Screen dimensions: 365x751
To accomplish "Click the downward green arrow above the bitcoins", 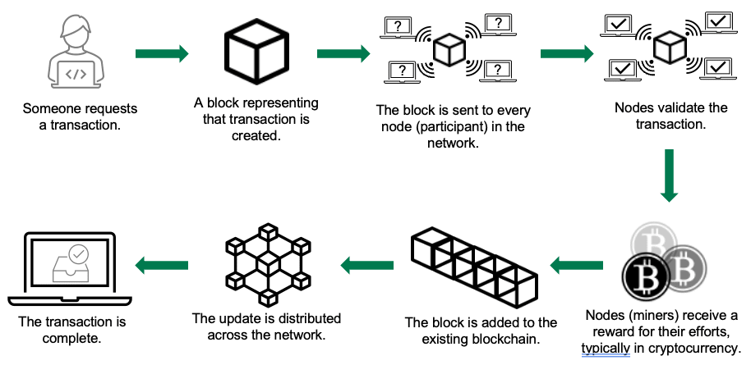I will pyautogui.click(x=670, y=175).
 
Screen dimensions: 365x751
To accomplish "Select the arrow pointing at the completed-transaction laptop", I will pyautogui.click(x=162, y=265).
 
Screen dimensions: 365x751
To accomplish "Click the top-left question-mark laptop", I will pyautogui.click(x=399, y=27).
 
